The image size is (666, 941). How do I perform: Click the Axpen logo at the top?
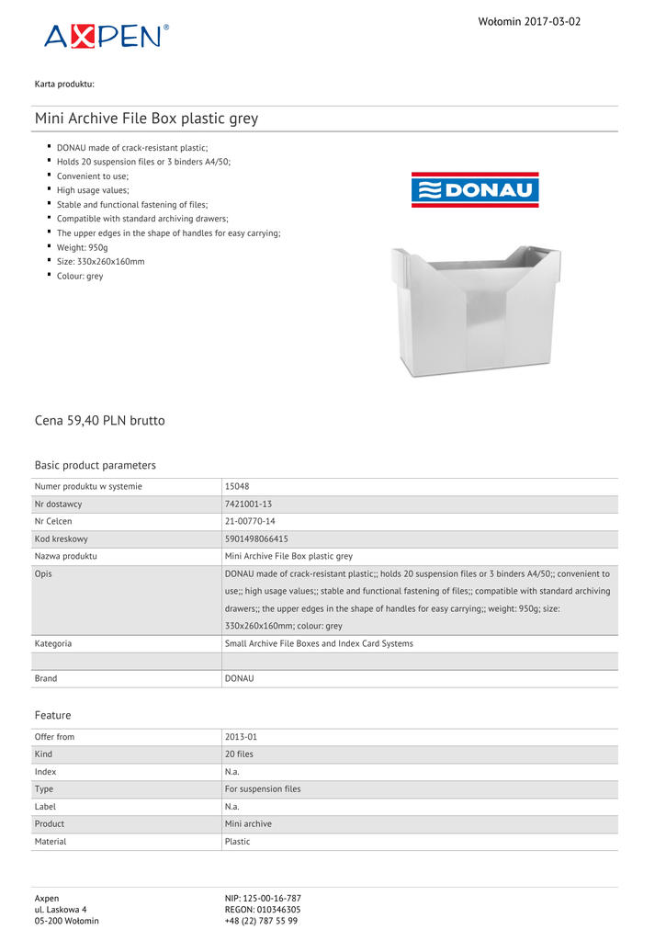[x=106, y=36]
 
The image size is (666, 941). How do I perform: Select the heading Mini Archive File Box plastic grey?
[x=146, y=119]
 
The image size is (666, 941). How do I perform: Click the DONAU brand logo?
[x=475, y=189]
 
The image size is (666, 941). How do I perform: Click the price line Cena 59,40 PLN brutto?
[x=99, y=420]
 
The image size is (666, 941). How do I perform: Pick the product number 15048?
[x=237, y=486]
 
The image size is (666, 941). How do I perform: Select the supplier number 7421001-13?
[x=248, y=504]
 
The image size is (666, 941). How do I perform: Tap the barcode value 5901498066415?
[x=256, y=539]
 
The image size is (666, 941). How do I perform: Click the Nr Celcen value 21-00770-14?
[x=250, y=521]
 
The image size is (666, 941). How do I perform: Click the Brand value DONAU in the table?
[x=239, y=678]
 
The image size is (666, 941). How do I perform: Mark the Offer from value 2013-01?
[x=241, y=737]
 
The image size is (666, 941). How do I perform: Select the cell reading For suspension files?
[x=263, y=788]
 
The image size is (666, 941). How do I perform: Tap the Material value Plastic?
[x=237, y=841]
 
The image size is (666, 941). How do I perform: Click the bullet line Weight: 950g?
[x=82, y=247]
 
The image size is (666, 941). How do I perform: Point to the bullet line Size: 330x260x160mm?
[x=100, y=261]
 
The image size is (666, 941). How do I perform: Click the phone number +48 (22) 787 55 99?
[x=261, y=920]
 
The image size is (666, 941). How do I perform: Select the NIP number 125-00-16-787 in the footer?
[x=263, y=898]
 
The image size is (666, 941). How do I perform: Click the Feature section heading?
[x=52, y=715]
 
